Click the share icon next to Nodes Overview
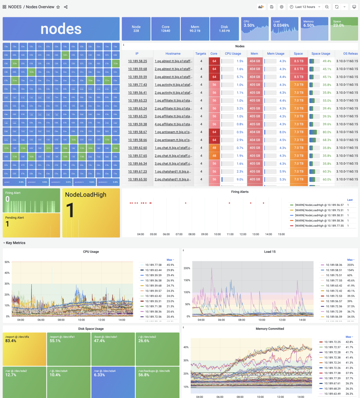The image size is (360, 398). tap(66, 7)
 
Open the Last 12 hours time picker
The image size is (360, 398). tap(305, 7)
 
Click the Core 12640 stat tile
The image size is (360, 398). tap(166, 29)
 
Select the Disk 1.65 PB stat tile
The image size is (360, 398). tap(224, 29)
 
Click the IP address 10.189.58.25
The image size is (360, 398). tap(137, 61)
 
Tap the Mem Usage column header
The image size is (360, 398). tap(276, 54)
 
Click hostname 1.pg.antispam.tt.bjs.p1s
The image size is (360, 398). tap(173, 132)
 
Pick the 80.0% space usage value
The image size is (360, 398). tap(327, 132)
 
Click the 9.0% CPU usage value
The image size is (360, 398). tap(240, 179)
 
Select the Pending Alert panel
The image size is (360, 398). tap(31, 225)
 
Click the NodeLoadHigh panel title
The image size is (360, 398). tap(86, 195)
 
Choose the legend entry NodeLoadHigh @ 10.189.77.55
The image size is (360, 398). tap(319, 226)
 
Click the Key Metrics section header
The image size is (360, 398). tap(15, 243)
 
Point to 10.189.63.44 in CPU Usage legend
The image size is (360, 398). tap(153, 270)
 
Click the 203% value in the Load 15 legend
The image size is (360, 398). tap(350, 265)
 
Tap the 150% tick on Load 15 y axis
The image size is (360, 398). tap(187, 280)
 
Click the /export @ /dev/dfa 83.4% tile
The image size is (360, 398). tap(24, 349)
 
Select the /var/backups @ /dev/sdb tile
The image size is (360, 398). tap(157, 382)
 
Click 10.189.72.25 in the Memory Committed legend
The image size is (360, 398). tap(332, 342)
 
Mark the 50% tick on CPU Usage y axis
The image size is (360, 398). tap(7, 262)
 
